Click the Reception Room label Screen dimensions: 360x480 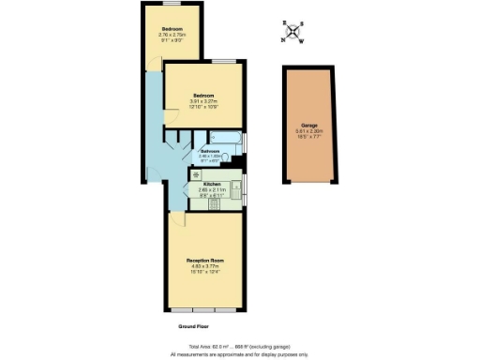pyautogui.click(x=206, y=260)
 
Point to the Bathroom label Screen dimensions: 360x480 pyautogui.click(x=210, y=151)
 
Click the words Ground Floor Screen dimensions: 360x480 pyautogui.click(x=193, y=326)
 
